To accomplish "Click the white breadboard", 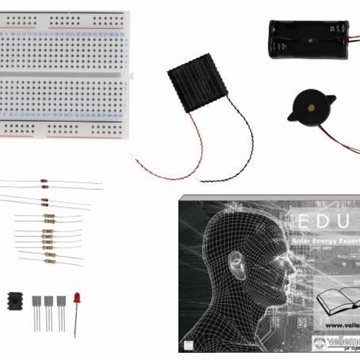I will [x=65, y=74].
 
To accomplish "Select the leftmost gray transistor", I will [x=37, y=302].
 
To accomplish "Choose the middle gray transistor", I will [x=48, y=302].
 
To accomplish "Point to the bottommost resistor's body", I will [x=47, y=257].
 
